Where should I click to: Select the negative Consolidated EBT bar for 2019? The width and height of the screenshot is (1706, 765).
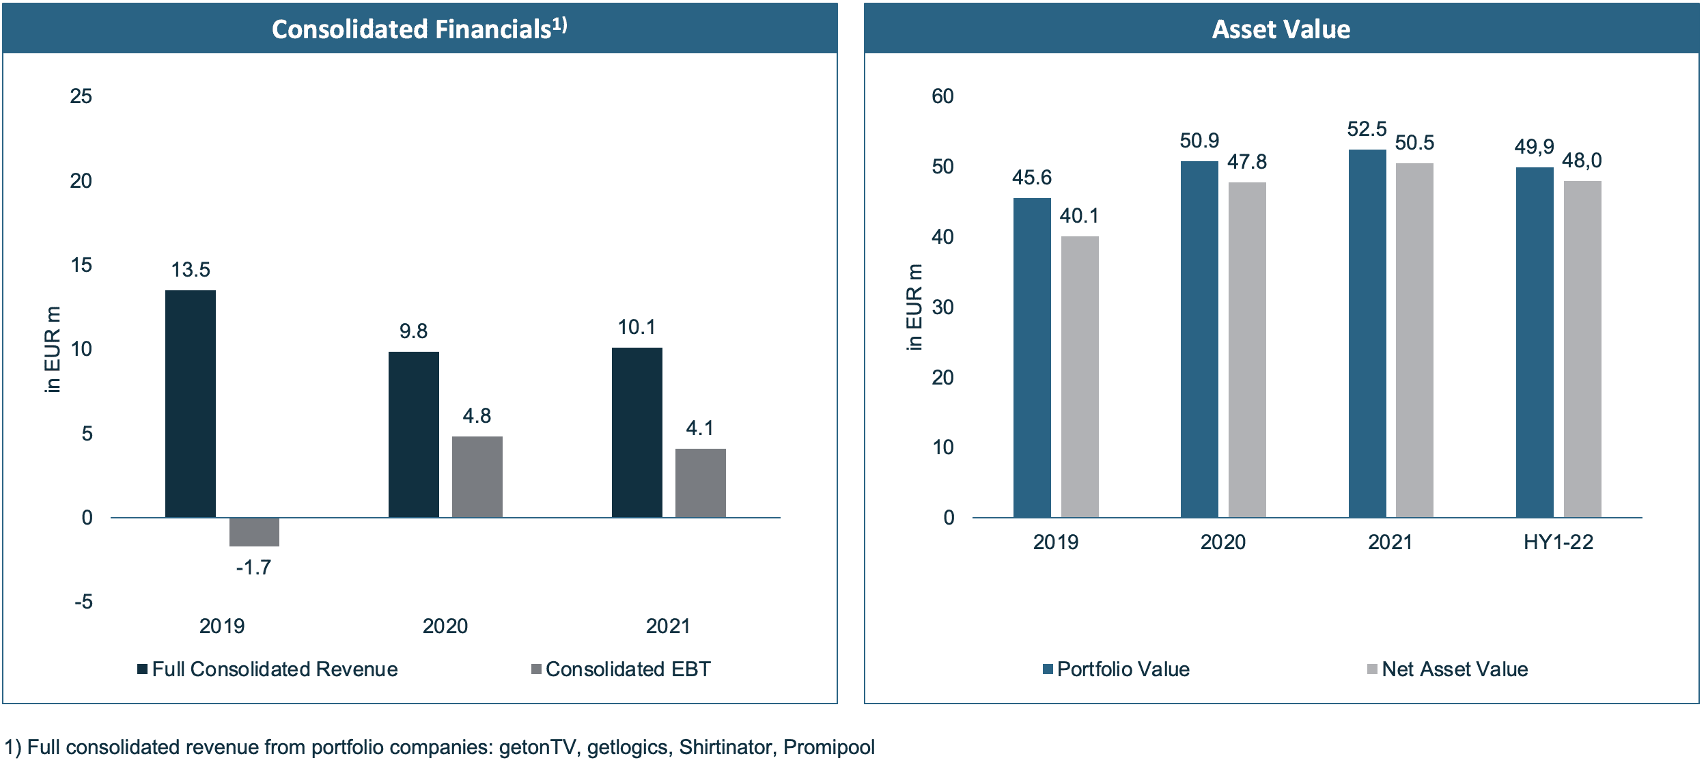click(x=254, y=532)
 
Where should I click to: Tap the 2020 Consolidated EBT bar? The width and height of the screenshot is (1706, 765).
click(x=477, y=476)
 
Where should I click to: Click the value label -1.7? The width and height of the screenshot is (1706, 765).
click(x=253, y=568)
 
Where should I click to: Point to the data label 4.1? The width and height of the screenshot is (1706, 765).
click(x=700, y=428)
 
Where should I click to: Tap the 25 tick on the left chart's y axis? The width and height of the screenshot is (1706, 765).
click(x=81, y=96)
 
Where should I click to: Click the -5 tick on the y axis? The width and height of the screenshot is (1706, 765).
click(x=83, y=602)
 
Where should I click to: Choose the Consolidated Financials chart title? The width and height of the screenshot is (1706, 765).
click(x=419, y=29)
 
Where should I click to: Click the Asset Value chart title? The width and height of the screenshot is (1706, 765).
click(x=1281, y=29)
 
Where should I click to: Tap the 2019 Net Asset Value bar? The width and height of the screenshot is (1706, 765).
click(x=1080, y=376)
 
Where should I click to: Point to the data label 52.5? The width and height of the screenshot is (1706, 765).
click(x=1367, y=129)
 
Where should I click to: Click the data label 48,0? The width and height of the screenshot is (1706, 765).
click(x=1582, y=161)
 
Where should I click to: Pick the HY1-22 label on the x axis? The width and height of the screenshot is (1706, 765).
click(x=1558, y=542)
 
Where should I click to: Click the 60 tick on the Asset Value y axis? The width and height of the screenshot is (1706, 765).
click(x=942, y=96)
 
